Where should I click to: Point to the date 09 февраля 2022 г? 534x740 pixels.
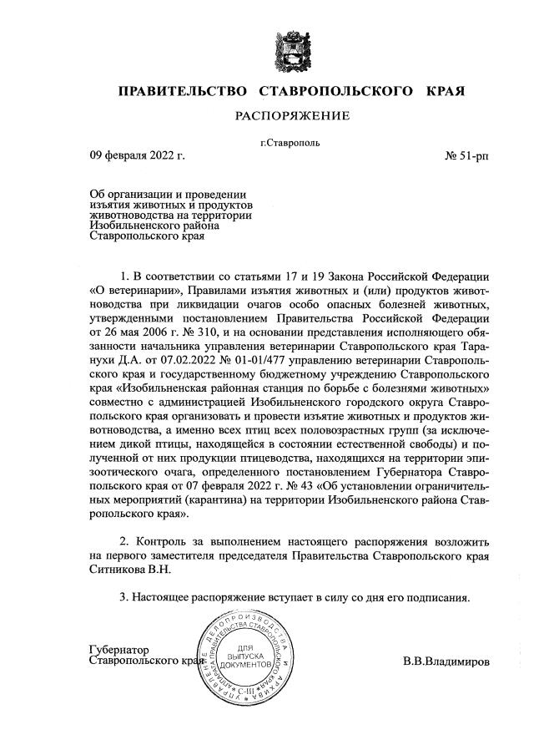pyautogui.click(x=137, y=155)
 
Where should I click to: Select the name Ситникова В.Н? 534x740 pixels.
pyautogui.click(x=133, y=568)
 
